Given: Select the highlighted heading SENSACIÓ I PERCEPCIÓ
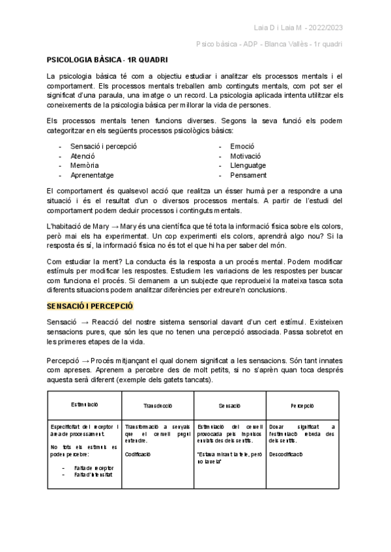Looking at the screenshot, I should coord(89,305).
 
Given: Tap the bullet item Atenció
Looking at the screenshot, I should coord(83,156).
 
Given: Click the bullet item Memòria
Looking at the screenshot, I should coord(84,165).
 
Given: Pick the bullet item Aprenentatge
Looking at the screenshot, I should coord(92,175).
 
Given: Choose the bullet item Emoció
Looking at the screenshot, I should coord(242,146).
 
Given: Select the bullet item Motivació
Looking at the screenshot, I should coord(245,156).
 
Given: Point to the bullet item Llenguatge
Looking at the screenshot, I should coord(248,165).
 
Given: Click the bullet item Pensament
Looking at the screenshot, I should coord(248,175).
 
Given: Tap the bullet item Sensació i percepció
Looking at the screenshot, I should coord(103,146).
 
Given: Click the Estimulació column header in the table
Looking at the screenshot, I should coord(84,405).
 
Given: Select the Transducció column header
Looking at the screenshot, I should coord(157,405).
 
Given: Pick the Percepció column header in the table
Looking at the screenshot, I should coord(303,405).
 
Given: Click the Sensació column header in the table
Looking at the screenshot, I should coord(230,405).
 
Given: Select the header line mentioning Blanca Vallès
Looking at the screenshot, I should coord(269,44).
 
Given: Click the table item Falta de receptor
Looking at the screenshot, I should coord(94,467).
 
